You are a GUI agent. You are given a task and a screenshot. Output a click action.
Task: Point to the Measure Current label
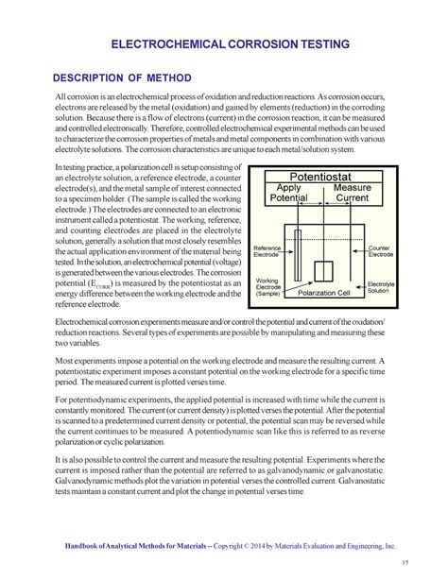coord(352,193)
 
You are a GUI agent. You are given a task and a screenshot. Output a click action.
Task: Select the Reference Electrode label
coord(267,251)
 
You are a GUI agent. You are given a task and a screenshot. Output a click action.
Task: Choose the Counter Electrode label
coord(380,250)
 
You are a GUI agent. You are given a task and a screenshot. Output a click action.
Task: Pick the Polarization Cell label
coord(324,294)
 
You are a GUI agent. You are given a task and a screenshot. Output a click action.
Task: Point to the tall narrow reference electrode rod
coord(298,255)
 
